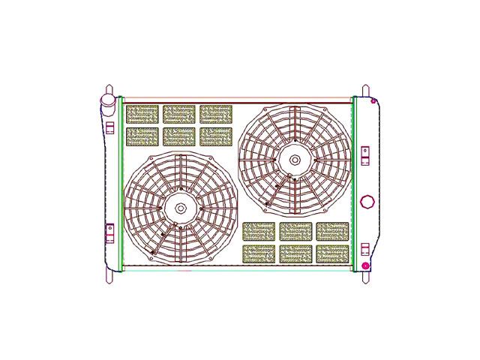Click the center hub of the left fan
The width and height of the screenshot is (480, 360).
(x=181, y=208)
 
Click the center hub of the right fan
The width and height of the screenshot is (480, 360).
(x=295, y=159)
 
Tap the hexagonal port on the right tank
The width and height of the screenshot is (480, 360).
(x=366, y=202)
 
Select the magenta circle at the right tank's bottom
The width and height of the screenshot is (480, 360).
(x=365, y=265)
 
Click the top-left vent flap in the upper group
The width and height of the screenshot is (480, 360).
(x=142, y=114)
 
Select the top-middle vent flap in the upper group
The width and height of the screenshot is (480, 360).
(x=178, y=114)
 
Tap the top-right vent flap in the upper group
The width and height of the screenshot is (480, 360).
(x=216, y=114)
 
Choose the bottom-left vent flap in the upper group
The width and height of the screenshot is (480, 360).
(x=142, y=136)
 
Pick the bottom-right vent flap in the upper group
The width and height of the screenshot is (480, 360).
(x=216, y=136)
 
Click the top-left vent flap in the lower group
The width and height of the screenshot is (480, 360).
(x=259, y=231)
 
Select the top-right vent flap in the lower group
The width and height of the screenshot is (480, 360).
(x=332, y=231)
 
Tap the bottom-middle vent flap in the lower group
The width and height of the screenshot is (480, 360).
(x=295, y=253)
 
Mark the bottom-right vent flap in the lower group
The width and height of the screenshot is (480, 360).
(x=332, y=253)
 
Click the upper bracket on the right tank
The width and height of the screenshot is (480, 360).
(x=365, y=154)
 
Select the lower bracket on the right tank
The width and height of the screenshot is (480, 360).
(x=365, y=248)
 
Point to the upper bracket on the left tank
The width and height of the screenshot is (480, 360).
(x=109, y=126)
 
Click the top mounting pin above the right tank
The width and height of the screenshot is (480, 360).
(x=365, y=91)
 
